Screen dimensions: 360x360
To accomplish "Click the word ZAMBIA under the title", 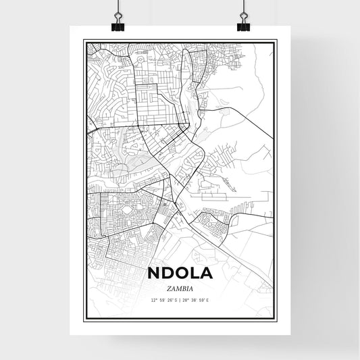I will [x=180, y=288].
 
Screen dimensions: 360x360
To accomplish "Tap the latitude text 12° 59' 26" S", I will [x=163, y=299].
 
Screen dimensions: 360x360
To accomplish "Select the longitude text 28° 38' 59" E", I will [x=197, y=299].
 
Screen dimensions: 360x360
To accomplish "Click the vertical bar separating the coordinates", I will [x=180, y=299].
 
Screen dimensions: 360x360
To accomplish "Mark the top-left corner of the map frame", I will [x=84, y=40].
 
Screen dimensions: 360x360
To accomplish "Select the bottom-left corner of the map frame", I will [x=84, y=320].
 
